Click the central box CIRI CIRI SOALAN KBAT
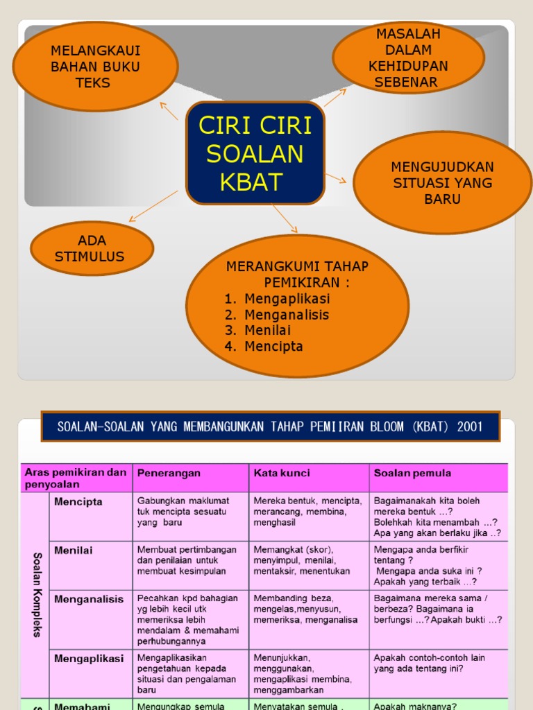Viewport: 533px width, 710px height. click(255, 153)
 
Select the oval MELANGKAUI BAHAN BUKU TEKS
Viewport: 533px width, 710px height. click(96, 67)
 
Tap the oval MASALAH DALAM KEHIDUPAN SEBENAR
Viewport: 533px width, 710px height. click(407, 58)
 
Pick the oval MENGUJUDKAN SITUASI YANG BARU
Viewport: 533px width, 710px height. click(442, 183)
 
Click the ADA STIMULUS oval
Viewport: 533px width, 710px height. click(92, 248)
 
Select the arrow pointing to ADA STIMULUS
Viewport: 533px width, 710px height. click(153, 207)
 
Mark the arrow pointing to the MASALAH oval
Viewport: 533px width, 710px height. click(335, 97)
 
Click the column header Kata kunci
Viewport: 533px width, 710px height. click(282, 473)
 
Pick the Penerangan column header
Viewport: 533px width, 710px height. click(169, 473)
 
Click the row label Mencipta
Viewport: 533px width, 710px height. click(78, 501)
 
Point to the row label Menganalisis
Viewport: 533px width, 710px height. click(89, 599)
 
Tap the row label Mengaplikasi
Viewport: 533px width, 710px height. click(89, 658)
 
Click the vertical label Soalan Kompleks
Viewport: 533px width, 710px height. click(36, 595)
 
